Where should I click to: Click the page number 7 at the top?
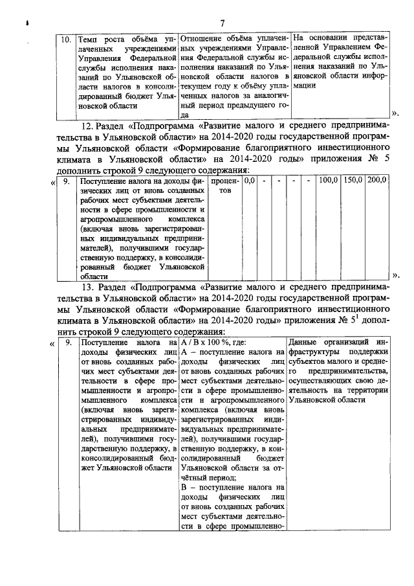pos(222,24)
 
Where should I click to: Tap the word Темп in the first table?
pos(88,39)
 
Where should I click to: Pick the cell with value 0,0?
pos(249,181)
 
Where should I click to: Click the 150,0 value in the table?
pos(353,181)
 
